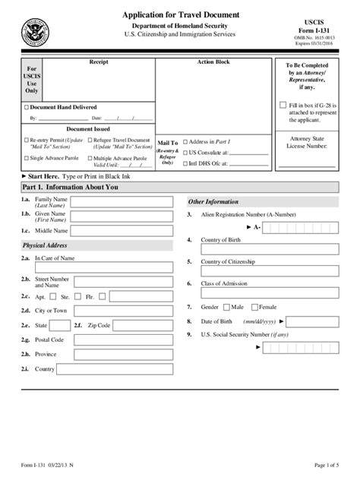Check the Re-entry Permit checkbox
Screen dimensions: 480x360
(x=26, y=141)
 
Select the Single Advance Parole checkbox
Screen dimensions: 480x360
(x=26, y=158)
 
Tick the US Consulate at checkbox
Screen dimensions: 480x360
(x=185, y=152)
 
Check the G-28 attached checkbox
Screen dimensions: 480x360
(x=283, y=106)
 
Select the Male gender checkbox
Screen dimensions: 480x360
(x=227, y=307)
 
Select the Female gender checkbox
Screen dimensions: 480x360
(x=255, y=307)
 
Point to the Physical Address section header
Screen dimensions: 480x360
(x=46, y=245)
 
